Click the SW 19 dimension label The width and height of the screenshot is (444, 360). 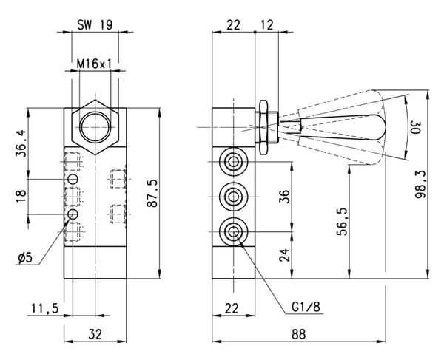coord(95,25)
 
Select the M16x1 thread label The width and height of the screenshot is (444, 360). coord(94,64)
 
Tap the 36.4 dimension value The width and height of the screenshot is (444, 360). coord(21,143)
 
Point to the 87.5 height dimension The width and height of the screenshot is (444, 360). coord(153,194)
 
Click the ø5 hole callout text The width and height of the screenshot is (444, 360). coord(25,258)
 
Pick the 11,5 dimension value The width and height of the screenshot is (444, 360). coord(44,308)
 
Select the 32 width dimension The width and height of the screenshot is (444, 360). coord(95,334)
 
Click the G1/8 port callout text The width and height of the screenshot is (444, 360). coord(306,306)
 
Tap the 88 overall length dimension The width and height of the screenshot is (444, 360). coord(299,334)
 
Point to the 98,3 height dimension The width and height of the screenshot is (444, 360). coord(420,185)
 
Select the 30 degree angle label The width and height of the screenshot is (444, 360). coord(416,127)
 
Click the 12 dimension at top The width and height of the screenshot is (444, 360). coord(266,25)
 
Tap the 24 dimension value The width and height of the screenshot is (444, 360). coord(285,255)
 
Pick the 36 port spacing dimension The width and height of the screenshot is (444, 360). coord(285,197)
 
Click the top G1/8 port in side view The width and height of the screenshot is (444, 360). coord(233,162)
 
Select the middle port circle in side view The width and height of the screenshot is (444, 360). coord(233,197)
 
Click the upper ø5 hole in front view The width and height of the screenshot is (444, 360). coord(73,179)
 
